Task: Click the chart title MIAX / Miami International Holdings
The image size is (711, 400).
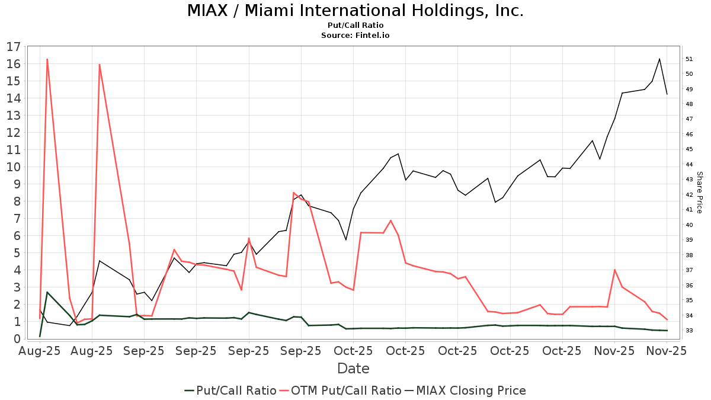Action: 355,11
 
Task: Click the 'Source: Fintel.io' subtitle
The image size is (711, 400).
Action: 355,36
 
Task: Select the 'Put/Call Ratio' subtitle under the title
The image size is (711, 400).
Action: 355,25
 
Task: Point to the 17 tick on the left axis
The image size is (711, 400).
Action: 14,47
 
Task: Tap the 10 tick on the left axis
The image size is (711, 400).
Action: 14,167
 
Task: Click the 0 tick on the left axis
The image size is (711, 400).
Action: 18,339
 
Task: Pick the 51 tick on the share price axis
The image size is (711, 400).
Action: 689,59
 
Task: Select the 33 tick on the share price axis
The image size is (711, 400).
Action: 689,330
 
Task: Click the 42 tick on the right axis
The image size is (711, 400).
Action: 689,194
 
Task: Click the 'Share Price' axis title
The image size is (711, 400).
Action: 699,192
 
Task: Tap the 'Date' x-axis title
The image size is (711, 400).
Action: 353,369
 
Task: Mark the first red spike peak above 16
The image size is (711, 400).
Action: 47,59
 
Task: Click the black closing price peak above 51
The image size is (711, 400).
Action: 659,59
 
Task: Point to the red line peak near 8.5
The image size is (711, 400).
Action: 294,193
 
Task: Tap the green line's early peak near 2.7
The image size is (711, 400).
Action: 47,292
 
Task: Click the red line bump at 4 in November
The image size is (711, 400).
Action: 614,270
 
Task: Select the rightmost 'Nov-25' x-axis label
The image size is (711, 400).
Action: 667,351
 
